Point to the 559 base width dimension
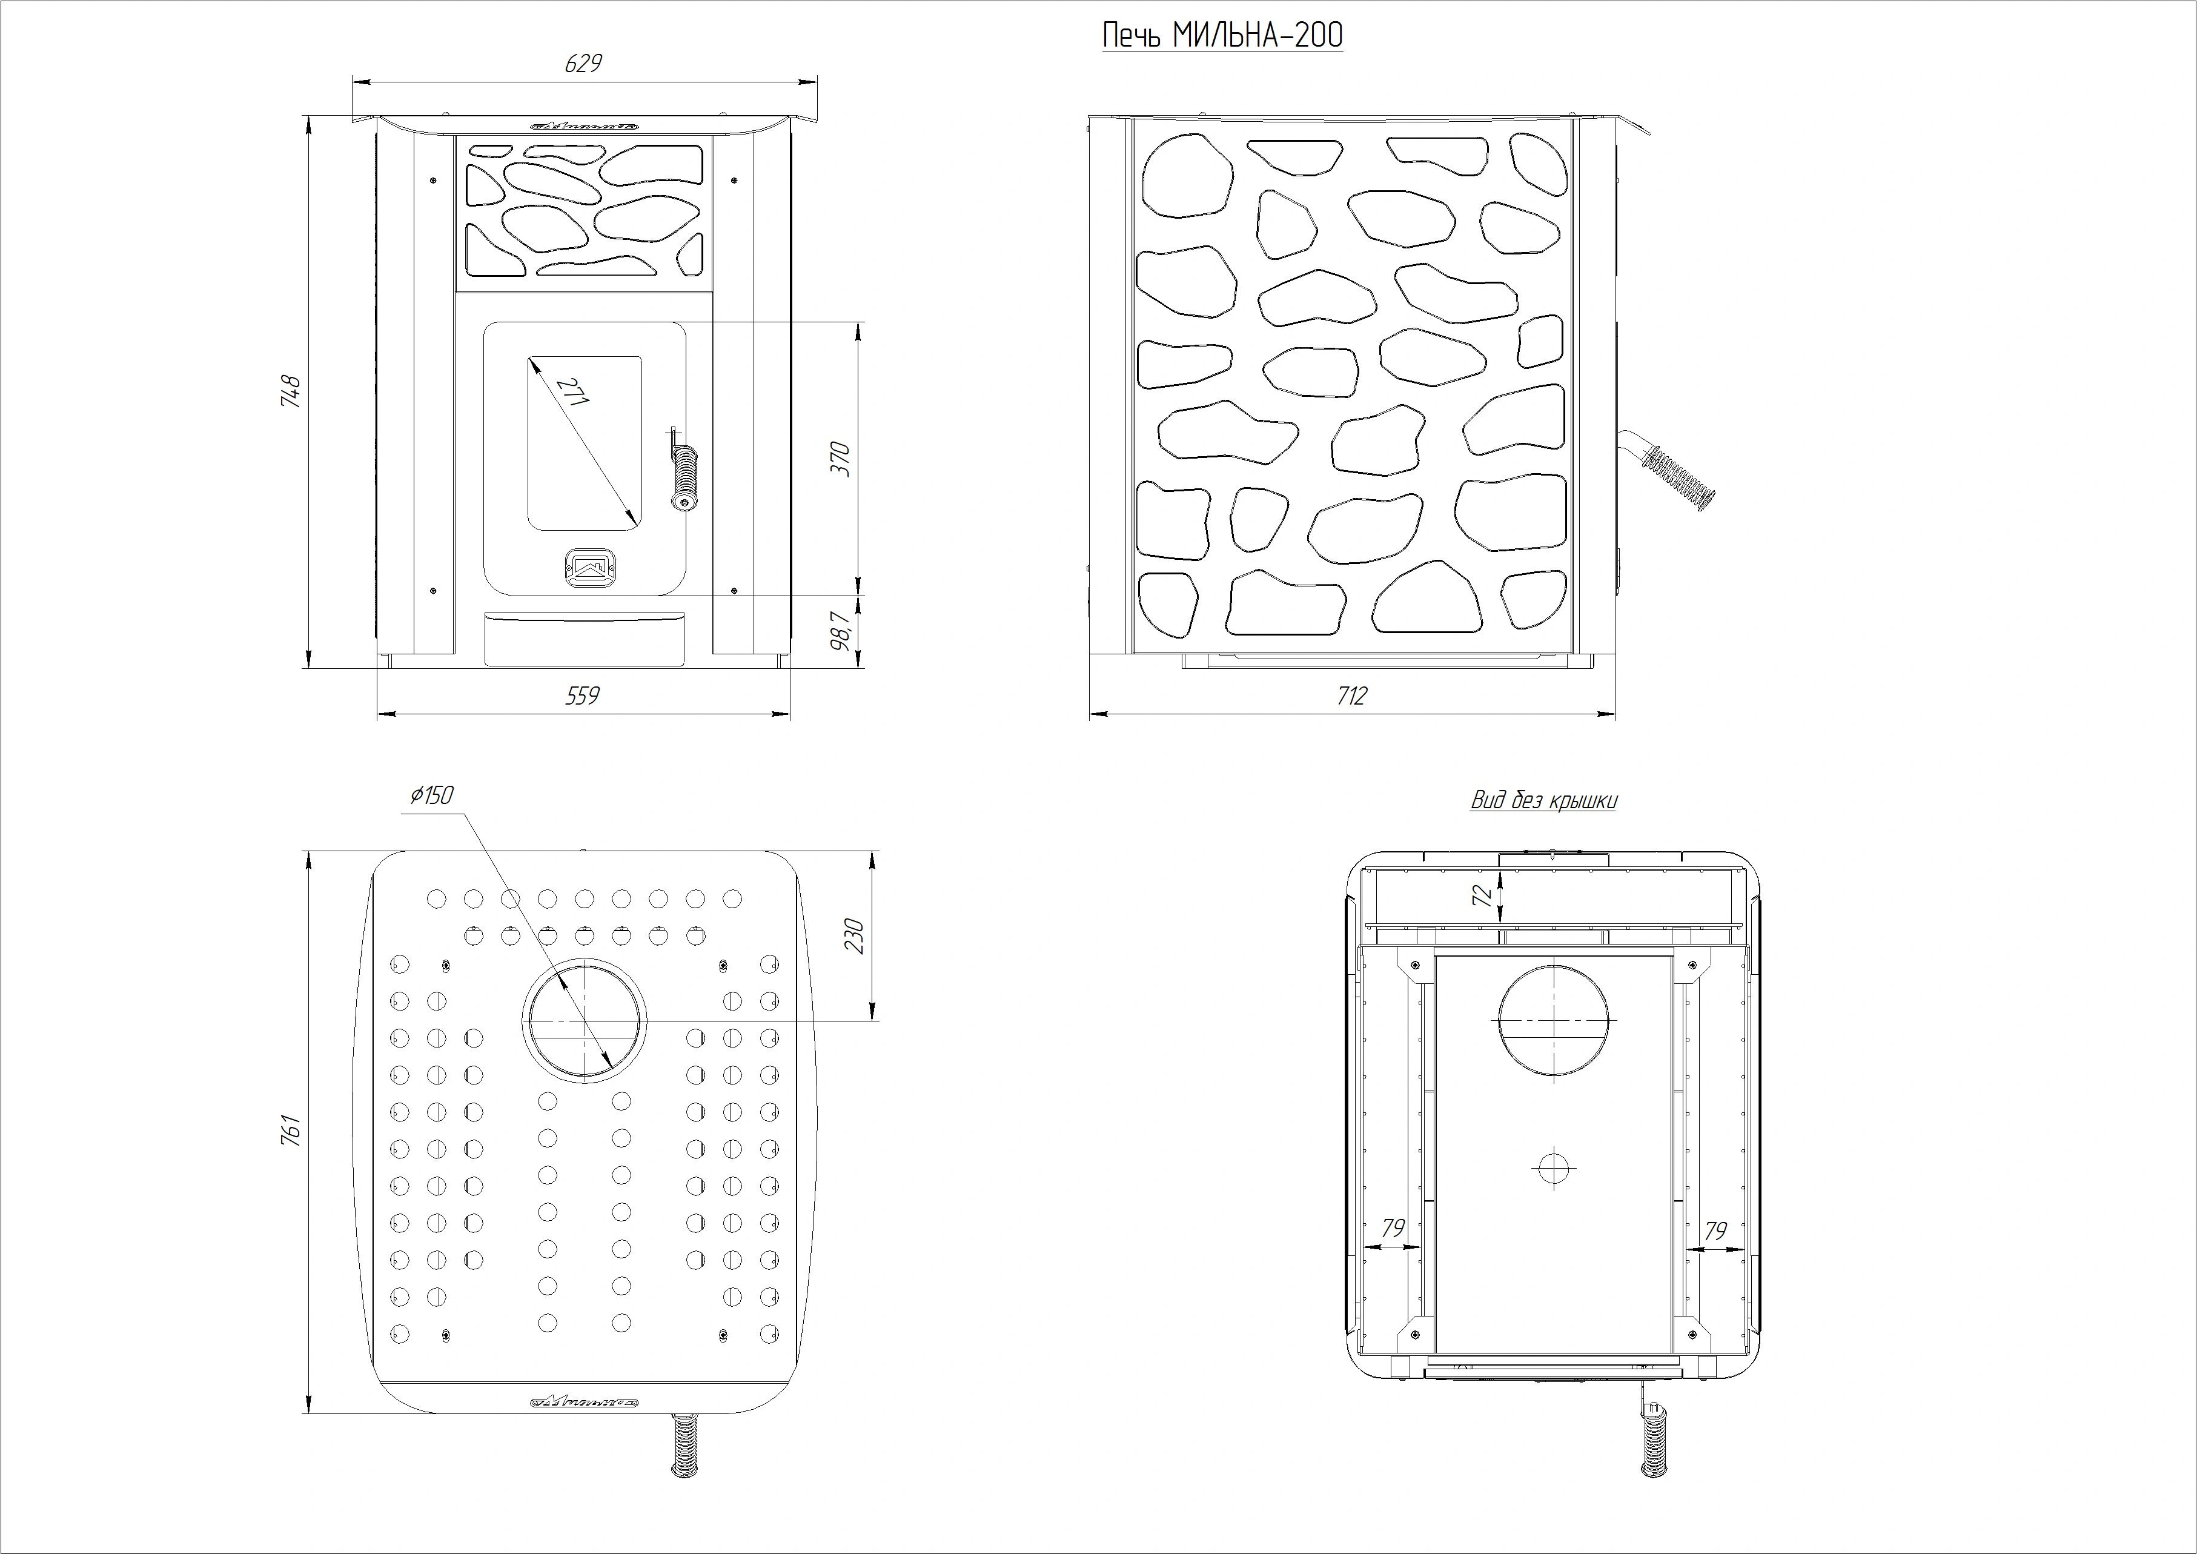[x=583, y=696]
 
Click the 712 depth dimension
[x=1351, y=696]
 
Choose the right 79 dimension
[x=1715, y=1230]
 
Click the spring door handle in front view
[x=683, y=474]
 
